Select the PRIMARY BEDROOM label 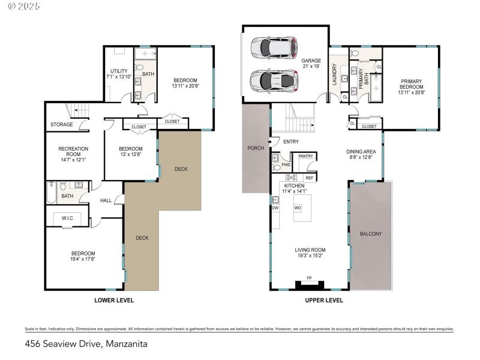click(411, 85)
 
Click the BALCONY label click(370, 234)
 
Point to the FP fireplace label click(309, 278)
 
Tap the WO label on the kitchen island click(297, 208)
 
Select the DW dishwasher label click(275, 208)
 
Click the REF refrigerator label click(309, 178)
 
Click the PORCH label click(256, 148)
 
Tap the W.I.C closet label click(67, 218)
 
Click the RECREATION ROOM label click(73, 152)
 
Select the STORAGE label click(62, 125)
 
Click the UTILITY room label click(118, 74)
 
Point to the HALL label click(106, 201)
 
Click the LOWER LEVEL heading click(114, 300)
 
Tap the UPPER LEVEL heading click(324, 300)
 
